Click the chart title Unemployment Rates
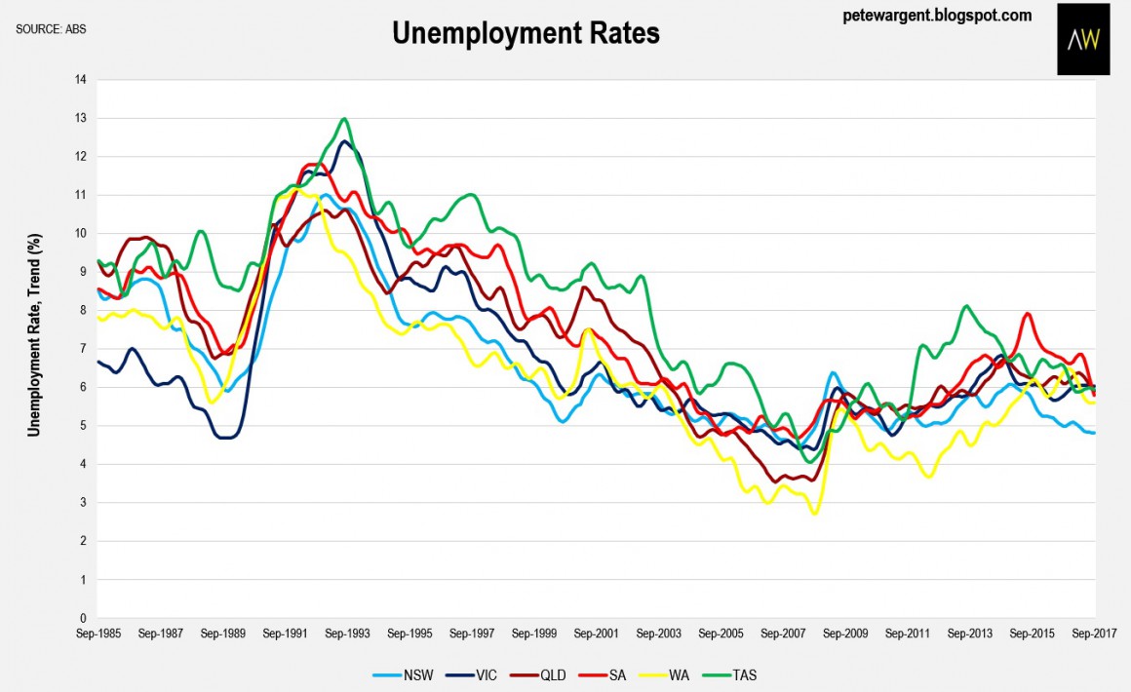526,34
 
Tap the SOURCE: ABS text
52,28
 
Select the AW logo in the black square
1082,40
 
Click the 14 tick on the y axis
81,80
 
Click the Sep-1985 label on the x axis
98,633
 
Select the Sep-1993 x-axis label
348,633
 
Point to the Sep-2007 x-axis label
784,633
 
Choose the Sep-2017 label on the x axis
1095,633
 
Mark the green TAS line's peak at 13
344,119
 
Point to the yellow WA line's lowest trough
815,513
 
